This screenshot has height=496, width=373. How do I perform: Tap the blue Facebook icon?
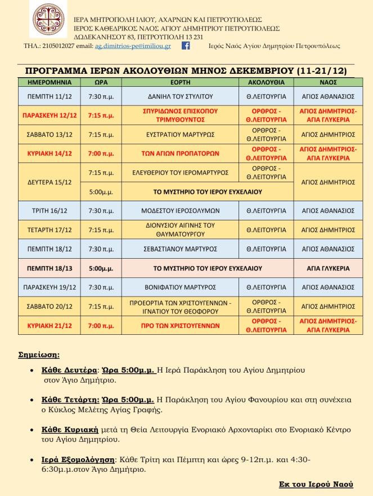pyautogui.click(x=185, y=46)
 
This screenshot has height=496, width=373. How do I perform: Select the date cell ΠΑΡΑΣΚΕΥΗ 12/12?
pyautogui.click(x=49, y=116)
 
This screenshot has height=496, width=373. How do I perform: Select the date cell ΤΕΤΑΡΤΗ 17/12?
pyautogui.click(x=49, y=230)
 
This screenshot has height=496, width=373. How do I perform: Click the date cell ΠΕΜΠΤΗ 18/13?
pyautogui.click(x=49, y=268)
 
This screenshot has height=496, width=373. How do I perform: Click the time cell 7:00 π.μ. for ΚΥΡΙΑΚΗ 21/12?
pyautogui.click(x=101, y=325)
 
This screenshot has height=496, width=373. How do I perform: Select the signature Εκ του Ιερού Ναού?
pyautogui.click(x=316, y=484)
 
